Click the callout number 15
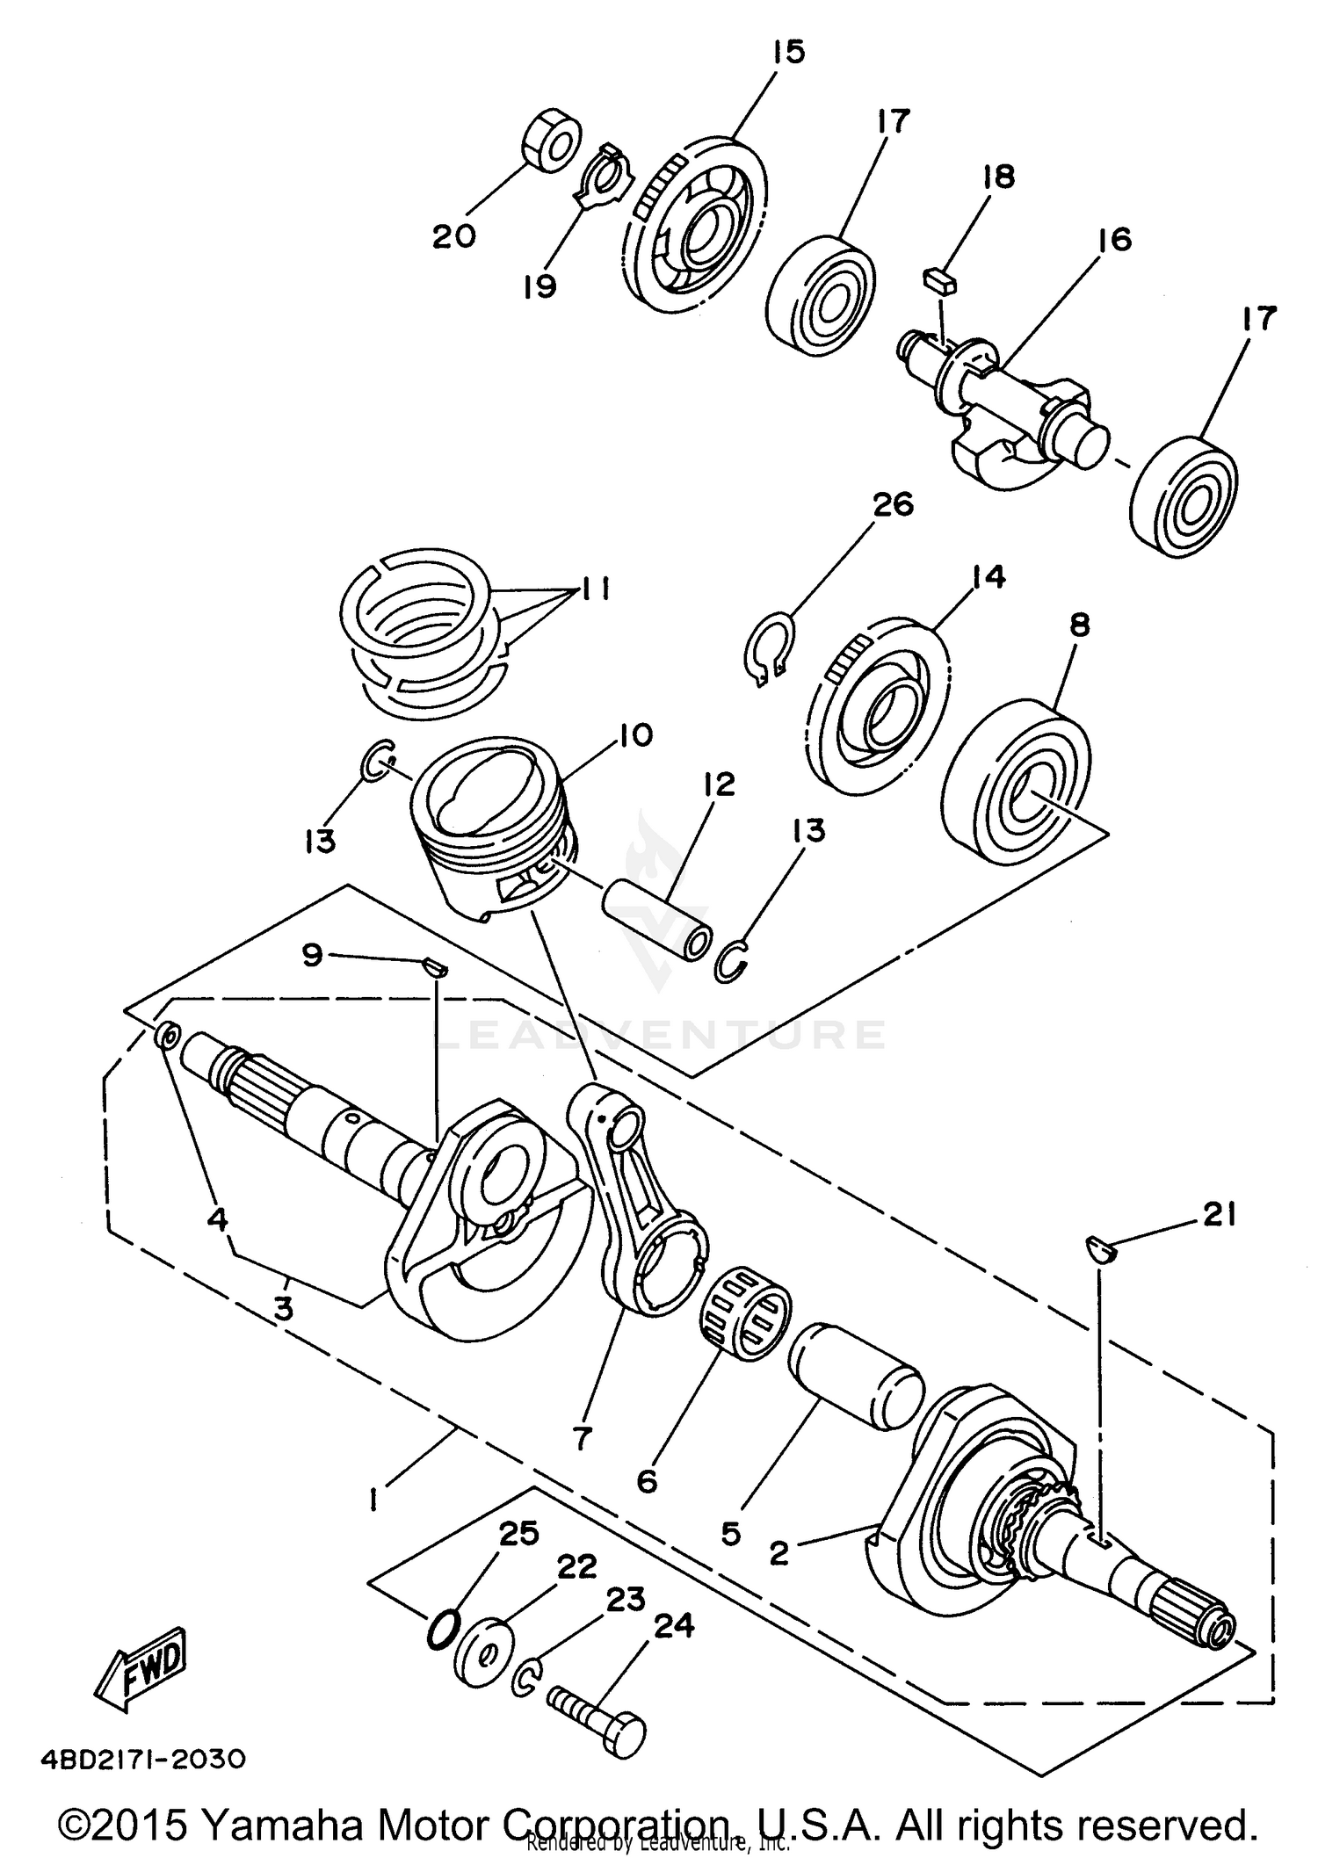click(x=788, y=53)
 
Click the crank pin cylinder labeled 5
click(x=857, y=1378)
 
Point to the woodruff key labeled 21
click(x=1100, y=1248)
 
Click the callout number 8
click(x=1080, y=625)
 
